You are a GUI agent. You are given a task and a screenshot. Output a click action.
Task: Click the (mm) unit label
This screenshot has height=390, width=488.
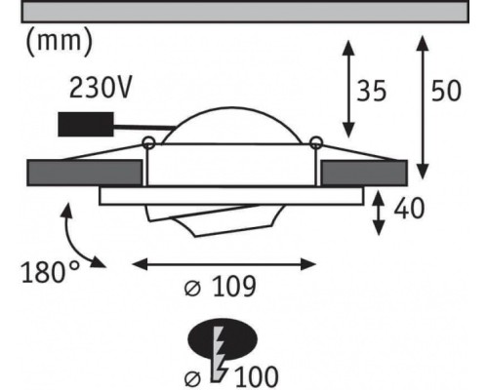click(59, 41)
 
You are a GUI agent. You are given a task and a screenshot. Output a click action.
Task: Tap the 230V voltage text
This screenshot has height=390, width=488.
click(101, 87)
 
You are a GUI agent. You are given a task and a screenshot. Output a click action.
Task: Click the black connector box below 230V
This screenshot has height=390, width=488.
click(86, 124)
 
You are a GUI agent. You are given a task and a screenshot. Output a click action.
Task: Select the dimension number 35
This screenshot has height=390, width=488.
click(372, 91)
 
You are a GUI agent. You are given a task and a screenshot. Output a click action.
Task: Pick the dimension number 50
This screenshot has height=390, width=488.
click(446, 91)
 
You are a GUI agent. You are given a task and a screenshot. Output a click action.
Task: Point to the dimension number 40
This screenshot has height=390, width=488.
click(409, 208)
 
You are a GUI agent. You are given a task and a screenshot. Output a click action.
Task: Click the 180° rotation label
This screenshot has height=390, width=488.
click(50, 272)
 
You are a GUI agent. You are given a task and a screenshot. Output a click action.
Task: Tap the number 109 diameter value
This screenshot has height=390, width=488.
click(234, 287)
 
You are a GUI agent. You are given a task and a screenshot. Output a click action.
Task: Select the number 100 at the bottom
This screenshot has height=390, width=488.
click(256, 377)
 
